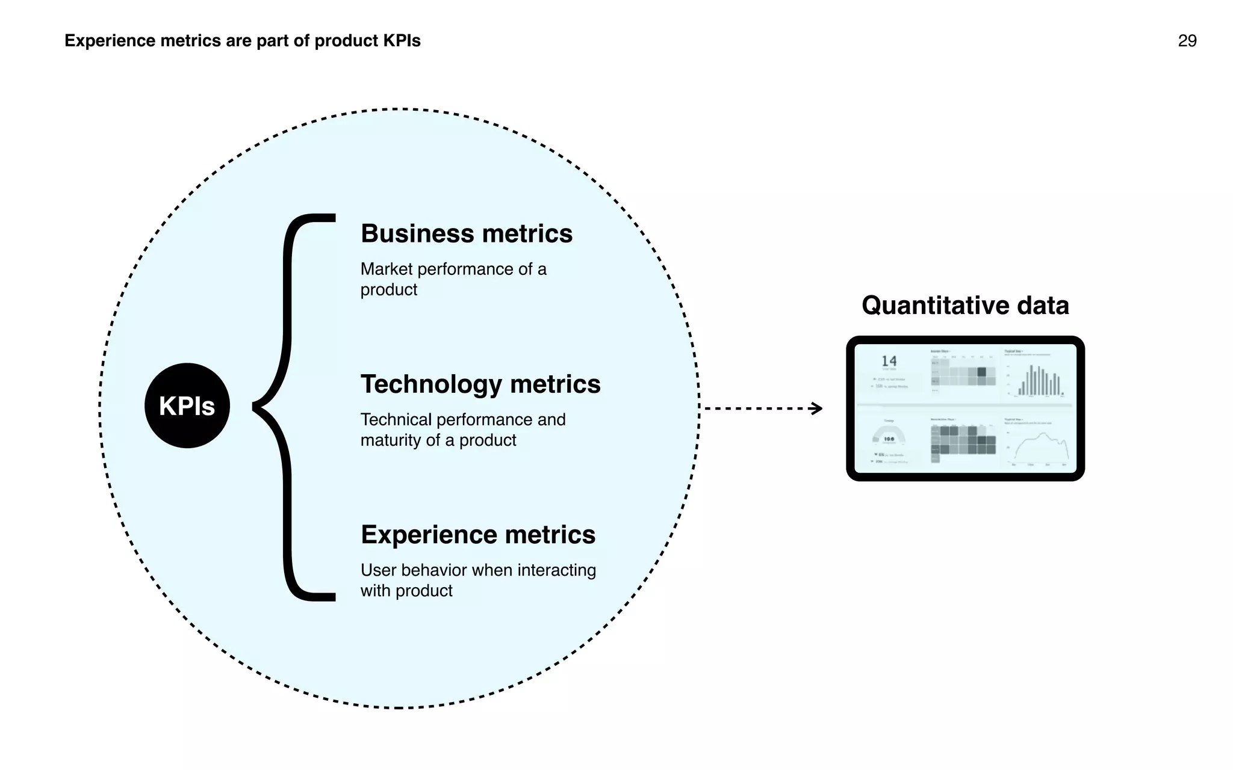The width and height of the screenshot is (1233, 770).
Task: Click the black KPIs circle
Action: click(187, 405)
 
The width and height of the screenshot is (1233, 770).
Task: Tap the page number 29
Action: click(1187, 41)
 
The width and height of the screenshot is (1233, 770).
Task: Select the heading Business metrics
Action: click(466, 233)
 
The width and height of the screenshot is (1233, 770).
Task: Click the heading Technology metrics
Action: click(480, 384)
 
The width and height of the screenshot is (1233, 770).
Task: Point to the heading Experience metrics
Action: click(477, 534)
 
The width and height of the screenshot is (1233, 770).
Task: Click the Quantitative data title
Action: click(964, 305)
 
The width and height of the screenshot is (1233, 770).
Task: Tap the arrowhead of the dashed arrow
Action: click(817, 408)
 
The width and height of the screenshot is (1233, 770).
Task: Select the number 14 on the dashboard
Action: click(889, 361)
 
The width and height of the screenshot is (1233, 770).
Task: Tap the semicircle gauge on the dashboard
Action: click(889, 434)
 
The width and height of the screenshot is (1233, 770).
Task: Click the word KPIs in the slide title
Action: click(402, 41)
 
